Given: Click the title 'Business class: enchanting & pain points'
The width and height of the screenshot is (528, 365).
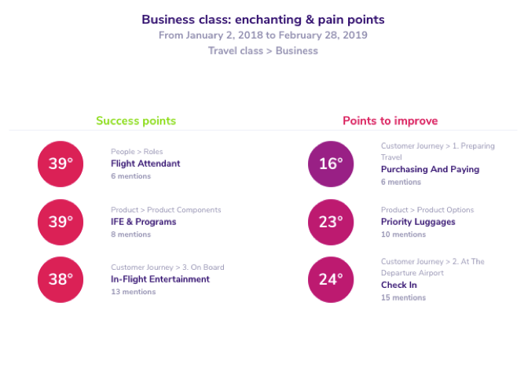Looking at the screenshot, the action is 263,20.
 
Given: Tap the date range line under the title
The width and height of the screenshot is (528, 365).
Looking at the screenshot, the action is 263,35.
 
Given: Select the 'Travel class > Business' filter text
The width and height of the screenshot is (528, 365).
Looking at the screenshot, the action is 263,50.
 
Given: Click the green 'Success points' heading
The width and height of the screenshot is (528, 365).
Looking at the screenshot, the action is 136,120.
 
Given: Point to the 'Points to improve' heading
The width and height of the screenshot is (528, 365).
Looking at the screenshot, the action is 390,120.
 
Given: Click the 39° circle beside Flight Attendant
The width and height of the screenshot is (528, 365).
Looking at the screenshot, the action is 60,164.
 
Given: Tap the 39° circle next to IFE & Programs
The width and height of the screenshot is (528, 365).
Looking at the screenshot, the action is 60,222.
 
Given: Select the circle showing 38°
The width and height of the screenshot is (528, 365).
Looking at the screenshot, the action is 60,279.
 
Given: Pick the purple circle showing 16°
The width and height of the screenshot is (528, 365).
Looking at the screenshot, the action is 331,164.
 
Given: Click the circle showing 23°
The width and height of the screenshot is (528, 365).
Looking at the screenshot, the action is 331,222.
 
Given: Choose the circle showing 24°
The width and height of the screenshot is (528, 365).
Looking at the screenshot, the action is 331,279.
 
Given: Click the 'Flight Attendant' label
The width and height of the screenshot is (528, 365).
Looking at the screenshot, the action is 145,164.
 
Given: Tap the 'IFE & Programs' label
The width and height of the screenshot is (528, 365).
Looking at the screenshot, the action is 144,222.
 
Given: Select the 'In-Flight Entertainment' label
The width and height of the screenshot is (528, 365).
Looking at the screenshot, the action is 160,279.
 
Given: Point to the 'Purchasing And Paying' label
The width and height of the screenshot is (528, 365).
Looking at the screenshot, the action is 430,169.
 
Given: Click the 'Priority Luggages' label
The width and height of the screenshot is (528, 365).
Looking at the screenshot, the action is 418,222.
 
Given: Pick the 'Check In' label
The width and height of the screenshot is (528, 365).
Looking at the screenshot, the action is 399,285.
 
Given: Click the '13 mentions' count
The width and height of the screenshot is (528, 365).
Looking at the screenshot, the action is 134,292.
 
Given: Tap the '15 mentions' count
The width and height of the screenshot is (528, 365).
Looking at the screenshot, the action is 403,297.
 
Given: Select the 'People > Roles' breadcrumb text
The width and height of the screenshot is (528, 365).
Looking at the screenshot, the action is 137,152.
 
